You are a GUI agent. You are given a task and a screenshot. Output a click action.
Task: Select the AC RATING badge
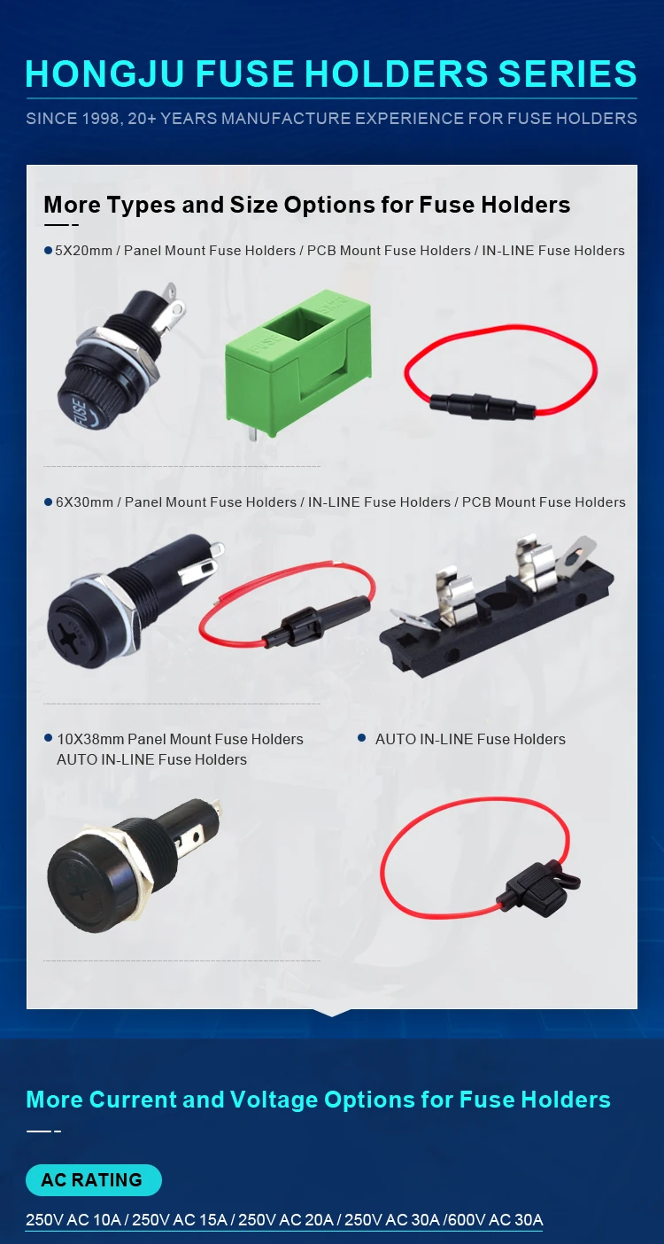click(93, 1180)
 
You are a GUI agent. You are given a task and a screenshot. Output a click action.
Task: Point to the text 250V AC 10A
click(73, 1220)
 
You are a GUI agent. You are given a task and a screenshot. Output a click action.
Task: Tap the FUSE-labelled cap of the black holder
click(87, 408)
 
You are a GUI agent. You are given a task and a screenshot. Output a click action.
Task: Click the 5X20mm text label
click(84, 251)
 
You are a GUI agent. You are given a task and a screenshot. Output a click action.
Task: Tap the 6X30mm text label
click(84, 502)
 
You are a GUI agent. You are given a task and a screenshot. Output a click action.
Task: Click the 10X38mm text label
click(90, 739)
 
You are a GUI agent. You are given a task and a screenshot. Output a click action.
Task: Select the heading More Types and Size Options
click(306, 205)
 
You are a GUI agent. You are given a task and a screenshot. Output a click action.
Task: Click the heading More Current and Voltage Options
click(318, 1100)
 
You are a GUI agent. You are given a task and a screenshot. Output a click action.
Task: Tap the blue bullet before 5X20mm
click(49, 251)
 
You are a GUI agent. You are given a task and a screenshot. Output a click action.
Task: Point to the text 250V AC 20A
click(286, 1220)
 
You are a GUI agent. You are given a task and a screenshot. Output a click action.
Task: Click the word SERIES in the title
click(564, 74)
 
